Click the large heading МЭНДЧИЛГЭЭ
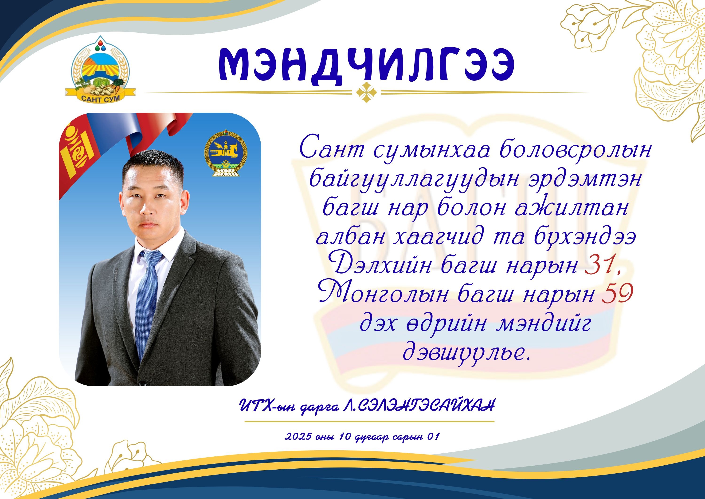(x=366, y=67)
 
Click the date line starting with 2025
(x=363, y=437)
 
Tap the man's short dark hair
(x=153, y=166)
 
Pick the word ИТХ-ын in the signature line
(x=267, y=406)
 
